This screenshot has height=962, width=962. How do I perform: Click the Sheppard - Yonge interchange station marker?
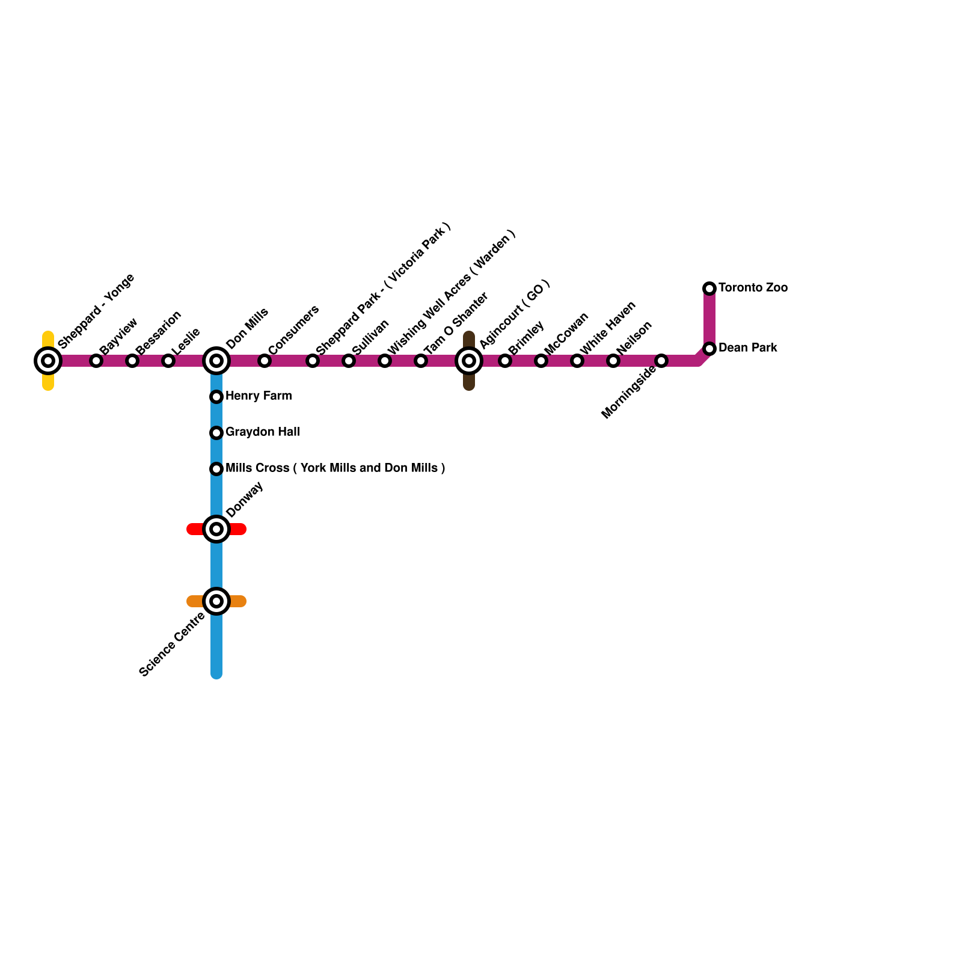coord(48,361)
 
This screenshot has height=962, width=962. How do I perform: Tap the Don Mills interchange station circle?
coord(216,361)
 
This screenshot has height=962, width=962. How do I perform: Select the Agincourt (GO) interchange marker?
coord(469,361)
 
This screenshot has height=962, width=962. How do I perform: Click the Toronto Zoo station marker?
coord(709,289)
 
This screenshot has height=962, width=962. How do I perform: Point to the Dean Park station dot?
coord(709,349)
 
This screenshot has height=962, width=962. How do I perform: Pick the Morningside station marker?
coord(661,361)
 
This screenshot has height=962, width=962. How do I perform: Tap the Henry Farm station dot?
coord(216,397)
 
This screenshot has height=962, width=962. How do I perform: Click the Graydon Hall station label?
coord(262,432)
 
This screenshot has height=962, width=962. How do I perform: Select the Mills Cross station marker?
coord(216,469)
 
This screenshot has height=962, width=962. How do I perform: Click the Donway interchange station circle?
coord(216,529)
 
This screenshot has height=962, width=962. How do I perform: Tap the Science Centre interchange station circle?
coord(216,601)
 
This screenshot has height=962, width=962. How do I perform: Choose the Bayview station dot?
coord(96,361)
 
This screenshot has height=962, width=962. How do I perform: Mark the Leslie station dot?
coord(168,361)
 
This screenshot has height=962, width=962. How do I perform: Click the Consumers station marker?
coord(265,361)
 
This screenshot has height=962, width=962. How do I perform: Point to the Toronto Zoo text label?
coord(753,288)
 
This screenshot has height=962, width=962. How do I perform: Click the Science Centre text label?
coord(172,644)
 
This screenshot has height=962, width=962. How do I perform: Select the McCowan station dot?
coord(541,361)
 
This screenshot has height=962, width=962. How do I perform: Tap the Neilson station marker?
coord(613,361)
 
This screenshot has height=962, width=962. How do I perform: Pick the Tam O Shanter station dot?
coord(421,361)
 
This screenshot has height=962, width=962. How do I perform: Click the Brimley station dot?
coord(505,361)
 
